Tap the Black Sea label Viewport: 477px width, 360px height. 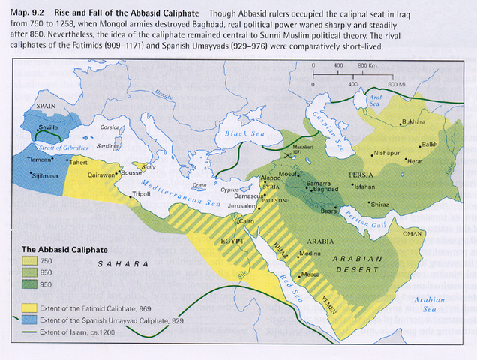pos(239,136)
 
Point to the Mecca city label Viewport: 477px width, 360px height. pos(311,274)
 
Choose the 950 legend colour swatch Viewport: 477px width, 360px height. pos(32,285)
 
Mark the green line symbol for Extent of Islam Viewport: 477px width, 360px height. pos(32,332)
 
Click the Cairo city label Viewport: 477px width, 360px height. pos(245,222)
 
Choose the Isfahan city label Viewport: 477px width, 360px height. pos(364,185)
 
